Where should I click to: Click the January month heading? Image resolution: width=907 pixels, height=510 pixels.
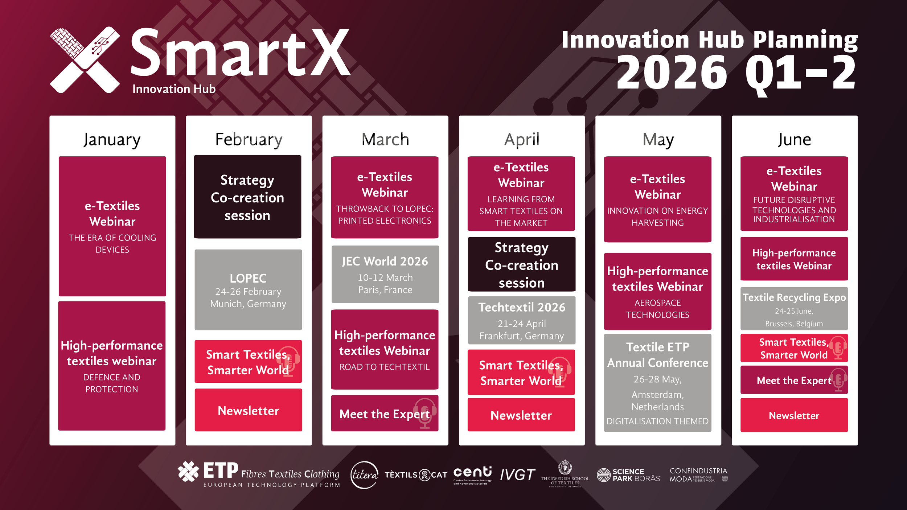pos(112,140)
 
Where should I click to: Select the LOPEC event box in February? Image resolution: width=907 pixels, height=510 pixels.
pos(248,290)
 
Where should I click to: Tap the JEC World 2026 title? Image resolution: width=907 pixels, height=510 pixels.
pos(385,261)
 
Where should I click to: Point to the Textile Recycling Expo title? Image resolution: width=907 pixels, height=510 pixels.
pos(794,297)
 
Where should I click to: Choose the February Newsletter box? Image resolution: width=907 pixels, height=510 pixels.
pos(248,410)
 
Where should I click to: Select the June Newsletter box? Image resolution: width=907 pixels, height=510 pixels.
pos(794,415)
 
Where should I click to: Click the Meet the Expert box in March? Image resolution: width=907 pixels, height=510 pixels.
pos(385,414)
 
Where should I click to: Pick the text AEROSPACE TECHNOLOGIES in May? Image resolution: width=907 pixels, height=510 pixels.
pos(657,309)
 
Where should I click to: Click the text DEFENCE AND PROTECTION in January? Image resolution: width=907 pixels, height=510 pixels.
pos(112,383)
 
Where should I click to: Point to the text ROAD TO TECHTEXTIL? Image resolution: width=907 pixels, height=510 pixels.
pos(385,367)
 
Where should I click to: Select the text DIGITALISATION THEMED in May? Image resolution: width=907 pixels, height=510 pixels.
pos(657,421)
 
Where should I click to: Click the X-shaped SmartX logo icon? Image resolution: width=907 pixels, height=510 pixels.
pos(85,60)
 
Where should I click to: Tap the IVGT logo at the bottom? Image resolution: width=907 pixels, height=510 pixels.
pos(517,474)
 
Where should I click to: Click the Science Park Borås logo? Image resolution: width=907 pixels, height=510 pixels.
pos(628,475)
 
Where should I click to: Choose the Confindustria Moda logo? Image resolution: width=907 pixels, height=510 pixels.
pos(698,475)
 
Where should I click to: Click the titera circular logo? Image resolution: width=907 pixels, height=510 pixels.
pos(364,475)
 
